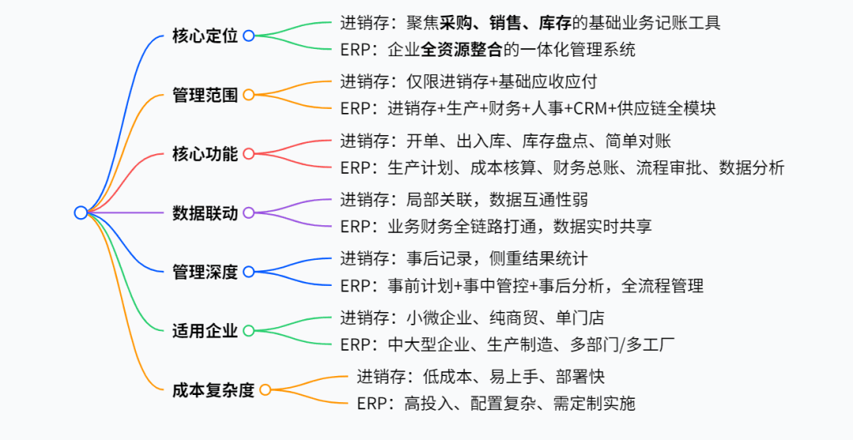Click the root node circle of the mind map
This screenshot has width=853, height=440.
(81, 212)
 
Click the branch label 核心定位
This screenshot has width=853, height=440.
(205, 36)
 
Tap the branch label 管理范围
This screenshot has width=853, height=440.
(205, 95)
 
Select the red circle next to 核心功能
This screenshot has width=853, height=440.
(249, 154)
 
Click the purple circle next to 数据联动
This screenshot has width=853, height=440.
(249, 212)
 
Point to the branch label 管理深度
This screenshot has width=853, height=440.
(205, 272)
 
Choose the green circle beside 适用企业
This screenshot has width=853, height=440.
(249, 331)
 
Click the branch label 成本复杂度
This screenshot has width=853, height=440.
(213, 389)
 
